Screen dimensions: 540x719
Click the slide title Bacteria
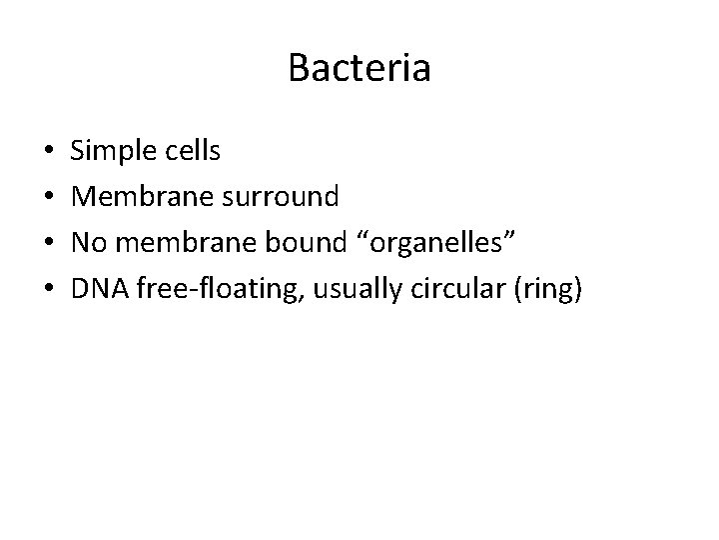tap(359, 68)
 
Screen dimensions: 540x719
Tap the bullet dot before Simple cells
tap(49, 153)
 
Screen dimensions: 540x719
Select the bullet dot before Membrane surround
tap(49, 198)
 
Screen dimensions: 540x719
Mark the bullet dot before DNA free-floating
tap(49, 290)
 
